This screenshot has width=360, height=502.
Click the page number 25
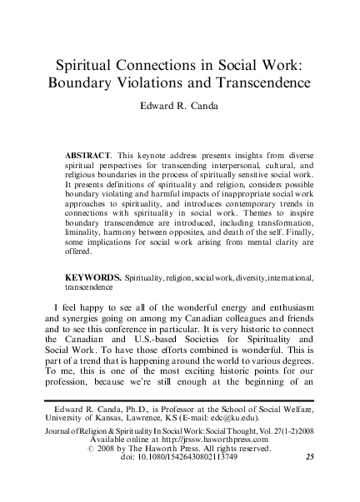point(310,480)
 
